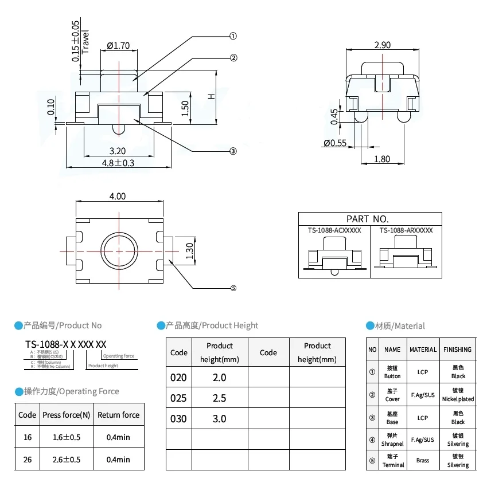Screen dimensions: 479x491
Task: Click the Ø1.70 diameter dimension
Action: (x=118, y=46)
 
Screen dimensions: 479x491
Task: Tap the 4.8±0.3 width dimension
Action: (x=118, y=163)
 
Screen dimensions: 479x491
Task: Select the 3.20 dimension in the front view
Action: (x=118, y=151)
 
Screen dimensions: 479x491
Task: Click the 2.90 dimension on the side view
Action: (x=383, y=45)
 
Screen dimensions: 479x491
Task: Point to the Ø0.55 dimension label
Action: (x=335, y=143)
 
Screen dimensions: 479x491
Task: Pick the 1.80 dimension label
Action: (x=382, y=159)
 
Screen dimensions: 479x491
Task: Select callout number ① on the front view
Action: (x=233, y=36)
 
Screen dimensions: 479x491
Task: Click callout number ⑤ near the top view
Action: (x=233, y=288)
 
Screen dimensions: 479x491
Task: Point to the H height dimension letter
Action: (x=211, y=97)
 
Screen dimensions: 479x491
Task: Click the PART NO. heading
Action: (x=368, y=219)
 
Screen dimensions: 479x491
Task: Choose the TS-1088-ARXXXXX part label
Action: (x=406, y=230)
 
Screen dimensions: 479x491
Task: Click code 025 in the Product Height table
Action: (x=178, y=398)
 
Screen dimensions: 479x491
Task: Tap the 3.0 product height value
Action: (x=219, y=418)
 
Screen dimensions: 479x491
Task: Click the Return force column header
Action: (x=118, y=415)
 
